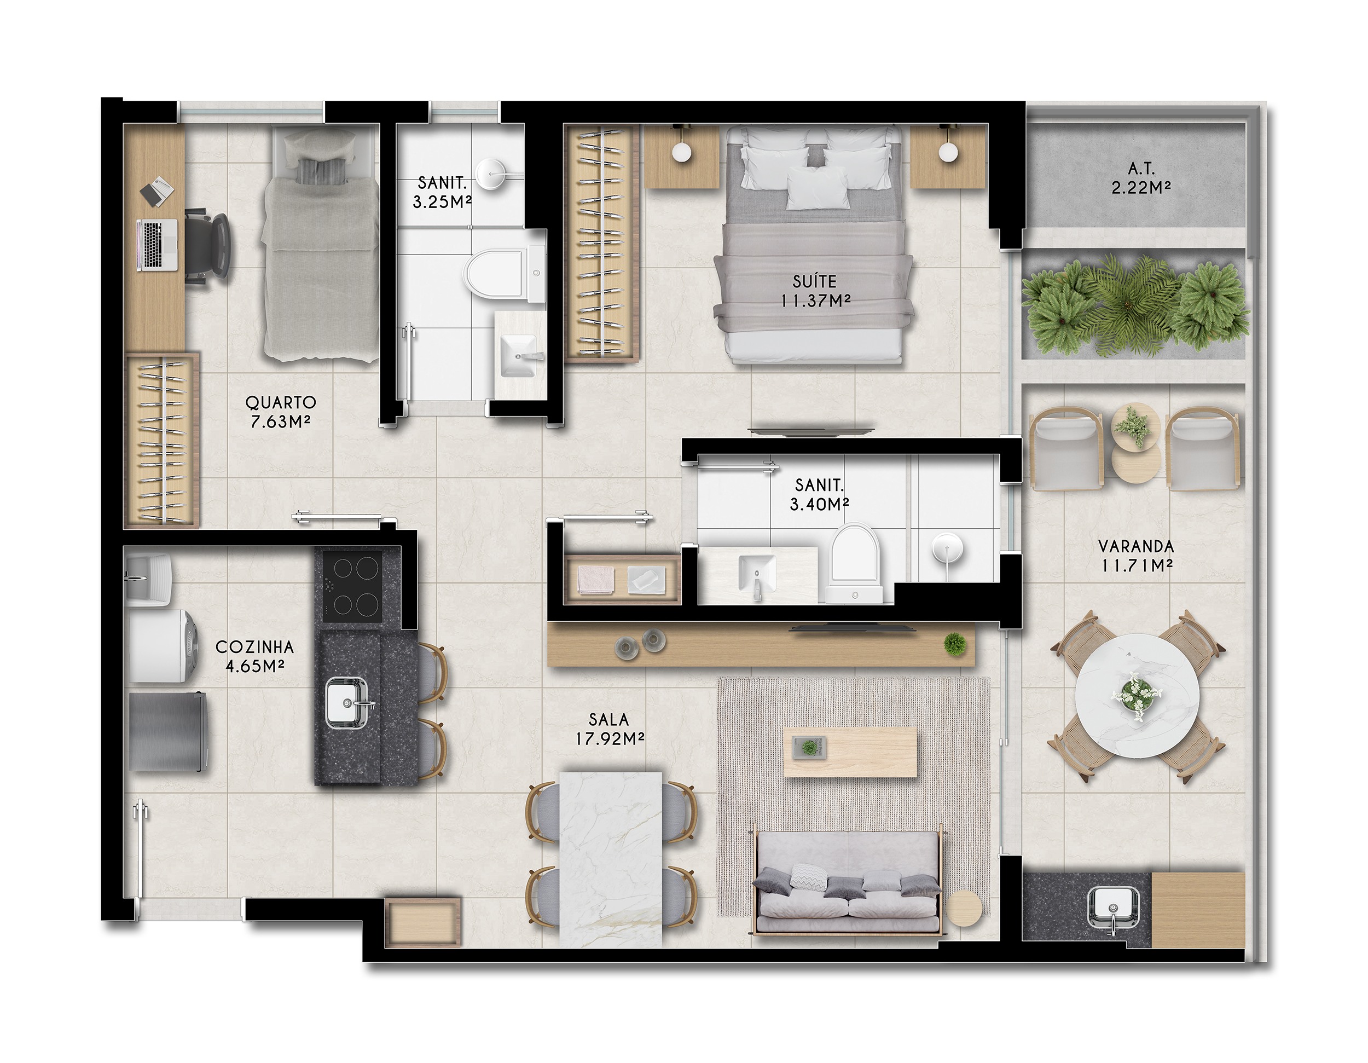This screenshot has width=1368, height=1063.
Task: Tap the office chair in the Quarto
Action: (x=207, y=246)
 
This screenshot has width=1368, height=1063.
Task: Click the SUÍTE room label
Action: (x=814, y=281)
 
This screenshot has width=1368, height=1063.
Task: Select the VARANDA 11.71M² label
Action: (x=1136, y=556)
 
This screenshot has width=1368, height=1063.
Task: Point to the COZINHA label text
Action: (x=254, y=647)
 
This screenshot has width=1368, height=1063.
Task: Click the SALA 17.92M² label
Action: (x=610, y=729)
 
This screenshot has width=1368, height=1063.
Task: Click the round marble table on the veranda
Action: (x=1137, y=697)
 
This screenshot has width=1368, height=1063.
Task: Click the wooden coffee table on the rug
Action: (x=850, y=752)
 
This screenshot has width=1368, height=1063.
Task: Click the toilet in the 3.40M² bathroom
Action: (x=854, y=563)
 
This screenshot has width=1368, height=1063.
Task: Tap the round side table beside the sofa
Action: (x=964, y=908)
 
